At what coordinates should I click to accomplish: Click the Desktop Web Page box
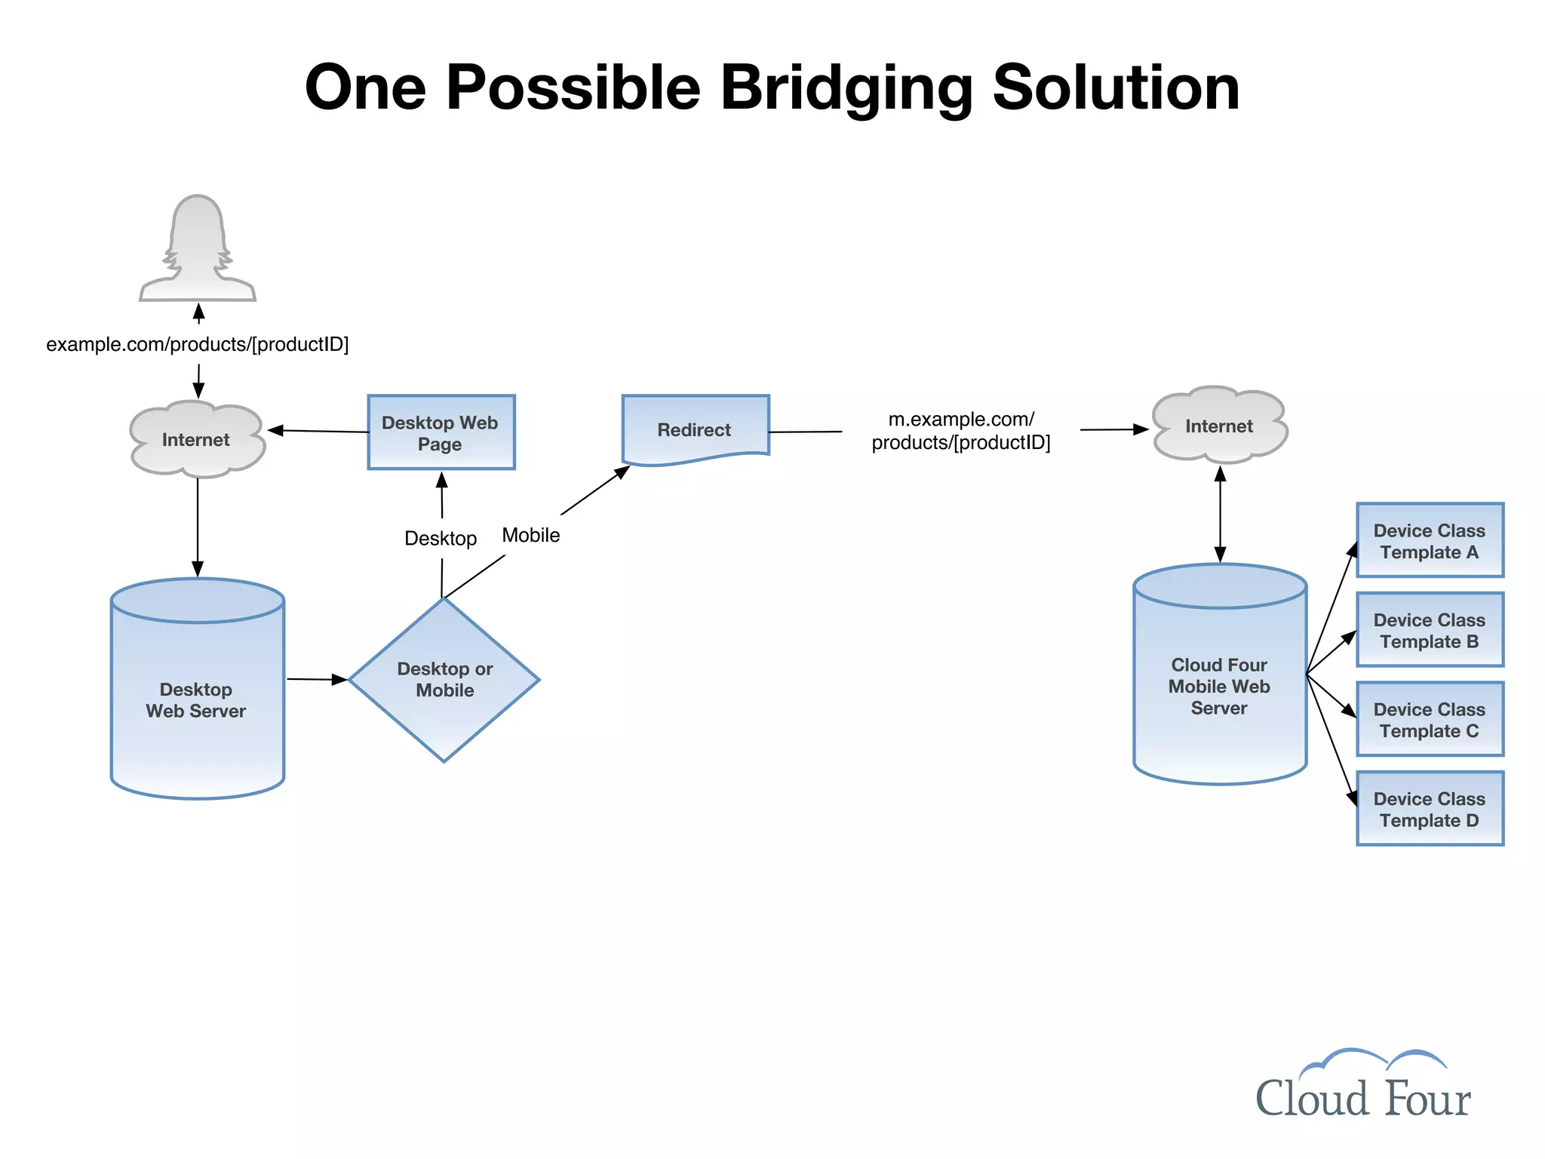tap(441, 432)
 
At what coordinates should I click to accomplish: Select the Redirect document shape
tap(695, 429)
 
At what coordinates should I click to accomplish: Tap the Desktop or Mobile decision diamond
tap(444, 679)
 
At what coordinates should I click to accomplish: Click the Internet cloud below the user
tap(197, 439)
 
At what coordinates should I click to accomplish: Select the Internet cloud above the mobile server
tap(1219, 426)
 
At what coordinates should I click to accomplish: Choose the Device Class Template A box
tap(1430, 540)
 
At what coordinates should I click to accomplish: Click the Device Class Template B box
tap(1430, 630)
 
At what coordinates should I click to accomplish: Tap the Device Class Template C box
tap(1430, 719)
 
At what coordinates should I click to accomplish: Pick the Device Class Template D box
tap(1430, 809)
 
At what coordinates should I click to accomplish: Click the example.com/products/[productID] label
tap(198, 344)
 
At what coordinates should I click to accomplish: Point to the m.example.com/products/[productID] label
tap(961, 431)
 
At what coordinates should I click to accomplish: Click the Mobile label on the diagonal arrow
tap(531, 535)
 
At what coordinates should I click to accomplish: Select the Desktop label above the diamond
tap(441, 538)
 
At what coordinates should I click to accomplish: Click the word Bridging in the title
tap(846, 88)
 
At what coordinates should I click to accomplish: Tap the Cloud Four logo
tap(1362, 1087)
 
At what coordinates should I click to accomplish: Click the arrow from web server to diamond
tap(317, 679)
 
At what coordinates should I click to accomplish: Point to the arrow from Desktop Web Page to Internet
tap(318, 431)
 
